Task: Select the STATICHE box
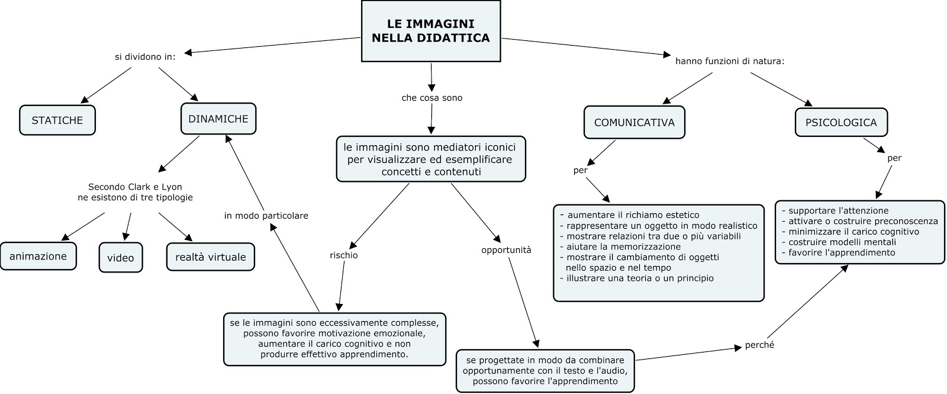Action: pos(57,120)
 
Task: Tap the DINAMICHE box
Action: pos(218,118)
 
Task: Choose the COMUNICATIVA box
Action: pos(634,123)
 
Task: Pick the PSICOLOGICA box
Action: pos(840,123)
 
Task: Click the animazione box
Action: pos(38,256)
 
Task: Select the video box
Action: pos(121,258)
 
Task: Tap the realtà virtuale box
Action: pos(211,257)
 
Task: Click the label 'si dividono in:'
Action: pos(145,57)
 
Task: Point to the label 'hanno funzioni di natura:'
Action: pos(730,60)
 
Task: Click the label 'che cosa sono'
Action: pos(432,98)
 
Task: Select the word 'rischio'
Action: pos(344,255)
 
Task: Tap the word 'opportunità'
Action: pos(506,250)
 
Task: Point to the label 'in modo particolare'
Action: pos(266,216)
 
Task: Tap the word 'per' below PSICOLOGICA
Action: pos(894,158)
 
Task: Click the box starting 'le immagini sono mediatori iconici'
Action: pos(430,159)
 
